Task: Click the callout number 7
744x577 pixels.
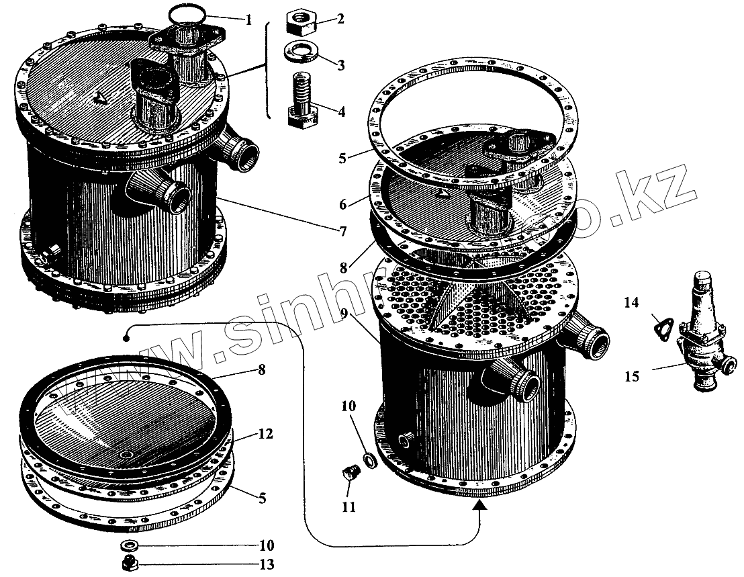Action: (x=342, y=232)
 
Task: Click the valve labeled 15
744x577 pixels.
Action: (x=702, y=336)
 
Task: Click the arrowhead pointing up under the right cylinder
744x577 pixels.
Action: (x=480, y=516)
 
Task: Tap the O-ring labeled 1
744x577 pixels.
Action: (x=188, y=13)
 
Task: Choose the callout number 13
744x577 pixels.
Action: (x=267, y=565)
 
